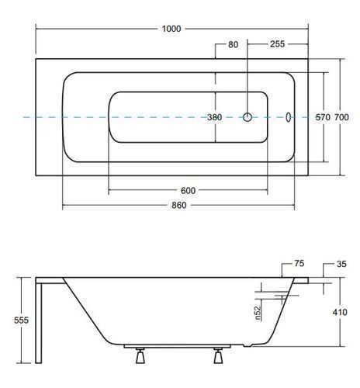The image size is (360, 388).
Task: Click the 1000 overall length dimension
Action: point(171,29)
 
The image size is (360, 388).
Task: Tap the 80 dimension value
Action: point(233,44)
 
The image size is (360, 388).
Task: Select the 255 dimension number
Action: point(278,44)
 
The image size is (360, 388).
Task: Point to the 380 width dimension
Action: point(215,117)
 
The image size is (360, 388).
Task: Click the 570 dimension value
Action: point(323,117)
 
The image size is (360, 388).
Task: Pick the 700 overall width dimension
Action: point(341,117)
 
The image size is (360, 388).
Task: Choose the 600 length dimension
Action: point(188,191)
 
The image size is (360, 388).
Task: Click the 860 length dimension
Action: point(179,205)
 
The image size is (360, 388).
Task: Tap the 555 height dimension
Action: point(21,320)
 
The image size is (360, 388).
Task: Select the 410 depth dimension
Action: point(340,312)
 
